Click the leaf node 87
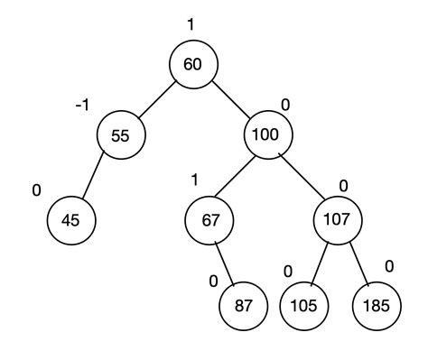(244, 305)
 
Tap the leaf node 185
(376, 305)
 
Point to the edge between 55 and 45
(97, 177)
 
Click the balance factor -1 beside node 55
(81, 106)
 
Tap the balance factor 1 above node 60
(191, 24)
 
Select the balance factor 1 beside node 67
(193, 180)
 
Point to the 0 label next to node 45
(37, 191)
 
